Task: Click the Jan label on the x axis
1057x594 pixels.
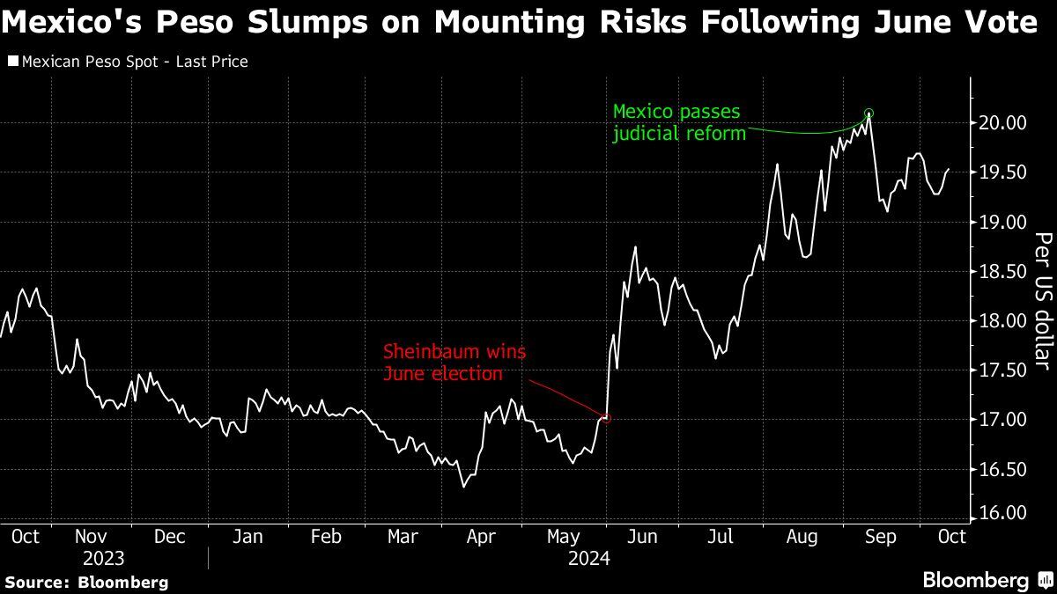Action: [x=248, y=537]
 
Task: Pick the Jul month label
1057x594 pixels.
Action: [x=721, y=537]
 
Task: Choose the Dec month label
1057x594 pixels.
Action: [x=169, y=537]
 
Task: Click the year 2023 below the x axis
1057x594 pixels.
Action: [x=103, y=559]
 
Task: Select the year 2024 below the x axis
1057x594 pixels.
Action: [x=589, y=559]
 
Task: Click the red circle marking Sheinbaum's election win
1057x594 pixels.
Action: [x=606, y=418]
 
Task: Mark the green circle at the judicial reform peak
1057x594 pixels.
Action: [x=869, y=113]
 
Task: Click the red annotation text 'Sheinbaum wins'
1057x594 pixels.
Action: [x=455, y=353]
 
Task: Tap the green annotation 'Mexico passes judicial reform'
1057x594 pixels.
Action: [x=679, y=122]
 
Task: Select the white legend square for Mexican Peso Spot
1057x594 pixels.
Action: [x=11, y=62]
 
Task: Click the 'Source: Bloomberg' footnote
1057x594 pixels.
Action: [x=86, y=582]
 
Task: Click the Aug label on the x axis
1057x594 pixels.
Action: [x=801, y=537]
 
